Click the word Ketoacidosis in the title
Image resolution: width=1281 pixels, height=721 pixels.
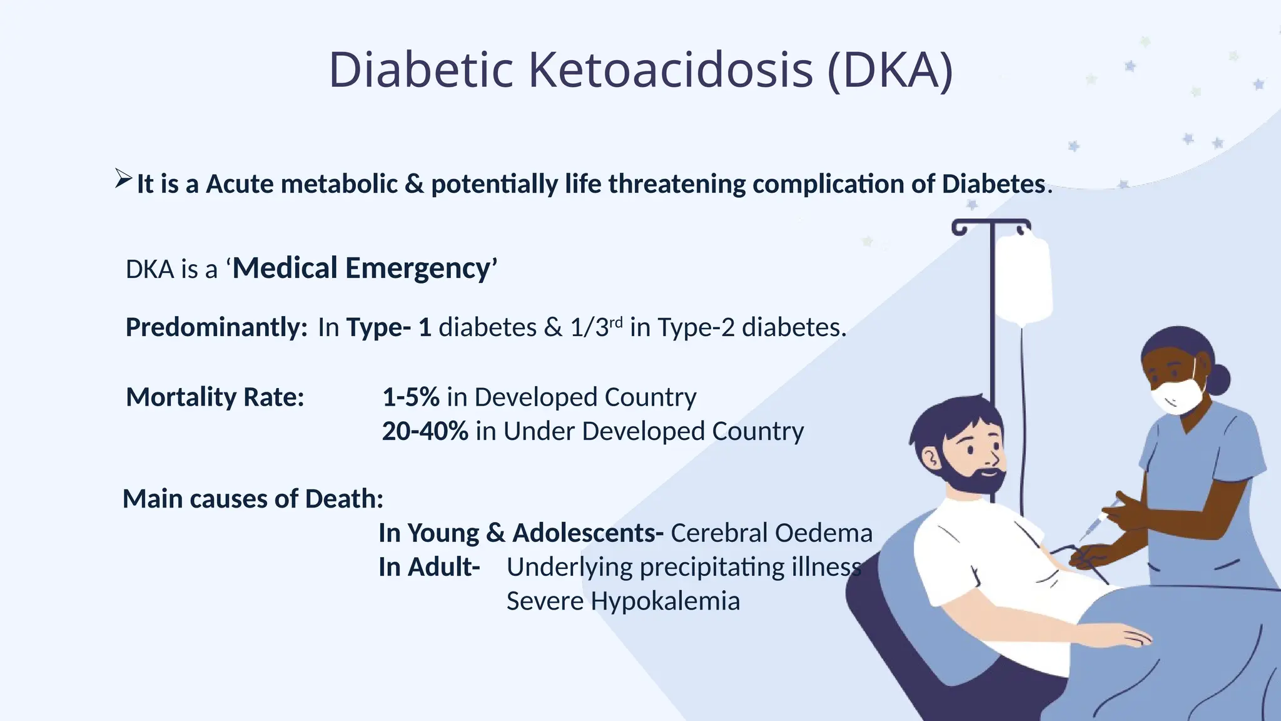[x=671, y=69]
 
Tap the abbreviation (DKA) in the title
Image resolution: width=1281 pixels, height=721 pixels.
[x=890, y=69]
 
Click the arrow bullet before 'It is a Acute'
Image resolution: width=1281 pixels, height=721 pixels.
[x=123, y=179]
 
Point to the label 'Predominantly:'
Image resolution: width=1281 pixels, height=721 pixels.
[x=216, y=327]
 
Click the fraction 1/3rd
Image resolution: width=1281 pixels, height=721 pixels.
[x=596, y=327]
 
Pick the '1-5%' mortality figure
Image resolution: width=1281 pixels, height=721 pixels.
[x=410, y=397]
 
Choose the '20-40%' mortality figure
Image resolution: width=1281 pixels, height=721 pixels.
[x=425, y=431]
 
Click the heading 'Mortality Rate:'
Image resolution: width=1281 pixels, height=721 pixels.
[x=215, y=397]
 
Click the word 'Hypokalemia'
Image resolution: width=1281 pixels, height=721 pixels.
[x=665, y=601]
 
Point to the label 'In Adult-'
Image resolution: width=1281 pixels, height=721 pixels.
[x=429, y=567]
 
